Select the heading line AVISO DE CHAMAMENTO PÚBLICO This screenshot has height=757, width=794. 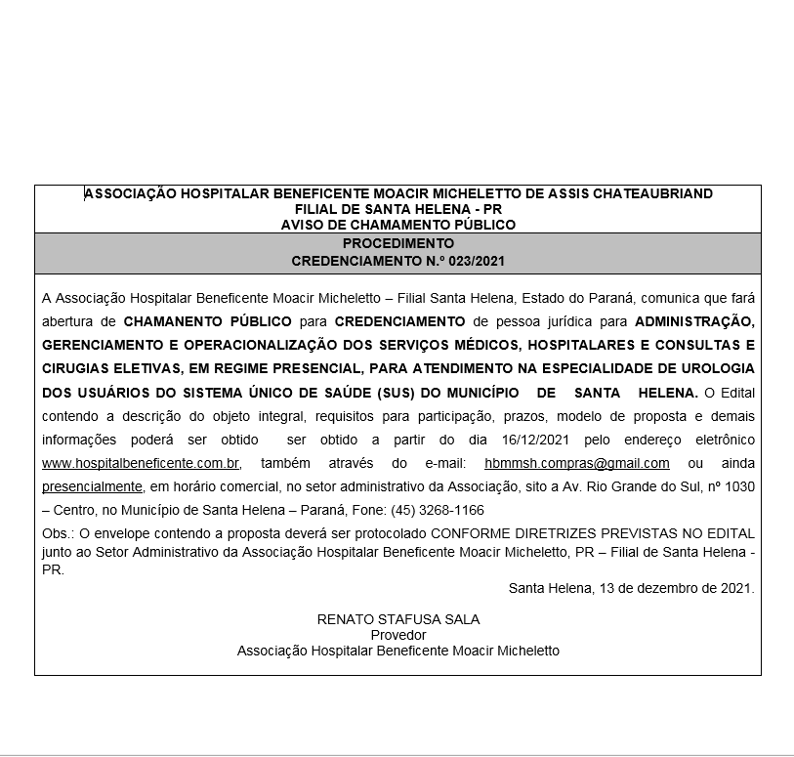[x=397, y=225]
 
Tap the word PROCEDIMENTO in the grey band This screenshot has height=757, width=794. [x=397, y=243]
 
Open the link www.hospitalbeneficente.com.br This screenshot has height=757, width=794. [x=141, y=464]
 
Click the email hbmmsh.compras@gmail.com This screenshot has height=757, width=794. [x=576, y=464]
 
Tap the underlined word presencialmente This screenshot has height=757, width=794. [x=93, y=486]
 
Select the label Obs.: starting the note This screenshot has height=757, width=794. [x=58, y=534]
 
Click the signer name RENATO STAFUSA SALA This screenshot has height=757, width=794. [x=397, y=619]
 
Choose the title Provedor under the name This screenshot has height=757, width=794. [x=397, y=635]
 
